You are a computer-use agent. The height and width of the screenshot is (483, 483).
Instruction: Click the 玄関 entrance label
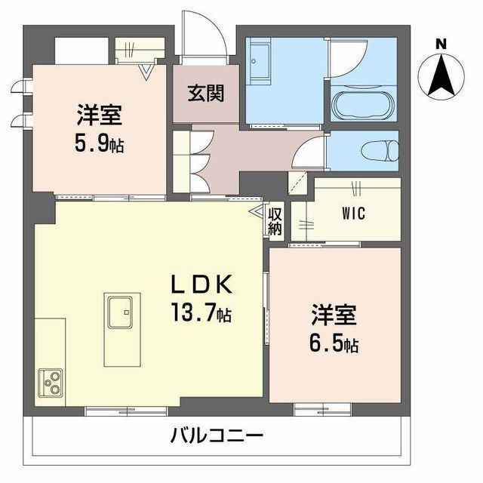click(206, 93)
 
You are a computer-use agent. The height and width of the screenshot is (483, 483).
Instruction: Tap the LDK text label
click(202, 285)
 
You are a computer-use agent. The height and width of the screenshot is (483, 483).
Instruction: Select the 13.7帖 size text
click(202, 312)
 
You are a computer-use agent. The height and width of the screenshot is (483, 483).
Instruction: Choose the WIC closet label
click(354, 214)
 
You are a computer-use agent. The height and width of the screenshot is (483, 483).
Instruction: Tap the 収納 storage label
click(275, 221)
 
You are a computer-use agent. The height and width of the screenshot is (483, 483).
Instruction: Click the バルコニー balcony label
click(217, 435)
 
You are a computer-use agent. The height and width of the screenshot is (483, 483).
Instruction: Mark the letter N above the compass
click(441, 45)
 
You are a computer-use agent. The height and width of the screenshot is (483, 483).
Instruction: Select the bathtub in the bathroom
click(363, 105)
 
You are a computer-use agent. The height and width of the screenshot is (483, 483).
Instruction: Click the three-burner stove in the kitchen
click(51, 383)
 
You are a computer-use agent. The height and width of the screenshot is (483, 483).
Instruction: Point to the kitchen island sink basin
click(120, 312)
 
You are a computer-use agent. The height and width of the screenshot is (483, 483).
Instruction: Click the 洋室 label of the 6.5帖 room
click(334, 315)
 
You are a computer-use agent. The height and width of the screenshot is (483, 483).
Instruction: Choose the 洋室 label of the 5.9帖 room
click(99, 115)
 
